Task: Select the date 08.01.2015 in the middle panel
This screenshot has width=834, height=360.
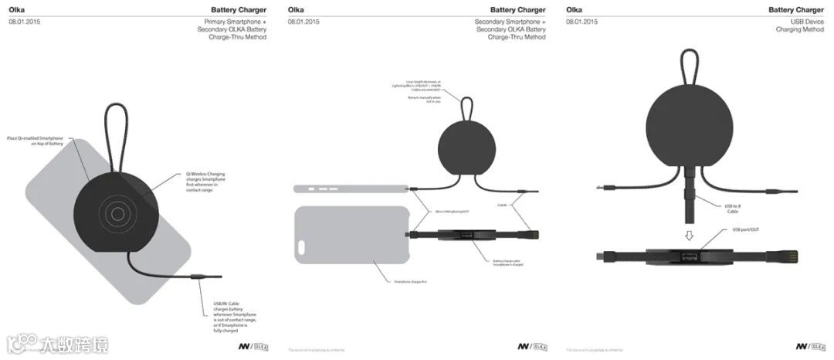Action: pyautogui.click(x=303, y=22)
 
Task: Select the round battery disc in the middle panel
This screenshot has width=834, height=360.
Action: pyautogui.click(x=463, y=148)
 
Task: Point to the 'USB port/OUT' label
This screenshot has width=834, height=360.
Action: pyautogui.click(x=745, y=230)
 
